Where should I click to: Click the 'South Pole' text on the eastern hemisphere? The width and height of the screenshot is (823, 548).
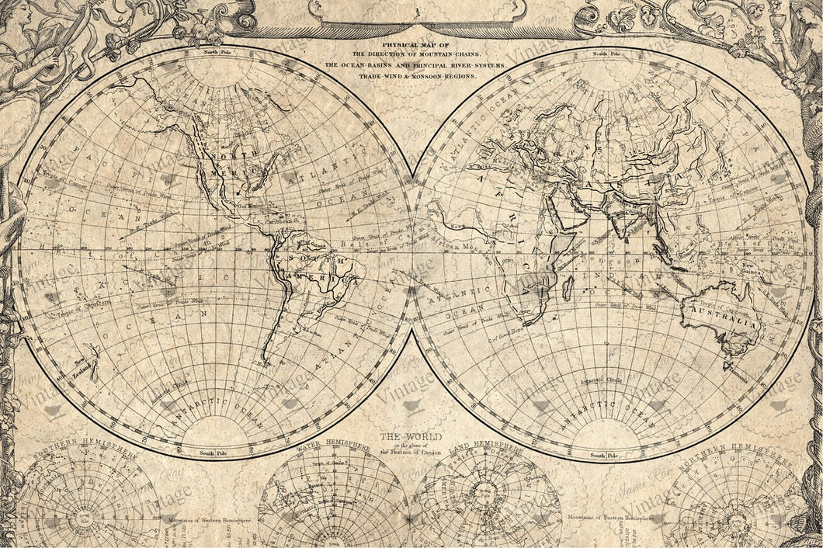tap(602, 456)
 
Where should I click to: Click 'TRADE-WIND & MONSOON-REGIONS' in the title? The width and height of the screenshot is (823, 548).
tap(411, 77)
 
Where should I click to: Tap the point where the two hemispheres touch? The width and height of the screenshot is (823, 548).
tap(411, 252)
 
